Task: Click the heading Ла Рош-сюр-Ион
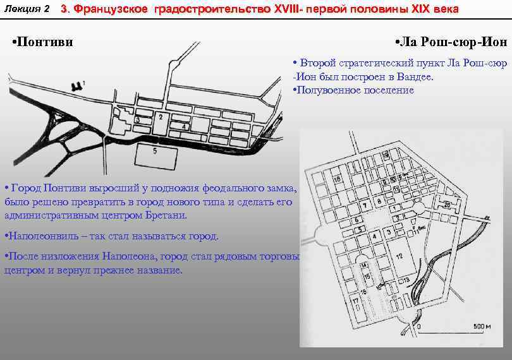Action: click(x=453, y=42)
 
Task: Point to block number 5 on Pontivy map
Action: click(x=155, y=152)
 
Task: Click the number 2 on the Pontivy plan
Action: click(x=161, y=117)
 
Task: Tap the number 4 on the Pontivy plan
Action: click(x=183, y=127)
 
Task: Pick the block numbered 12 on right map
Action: click(x=399, y=255)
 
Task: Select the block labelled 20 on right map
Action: click(x=447, y=205)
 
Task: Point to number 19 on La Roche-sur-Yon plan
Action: click(x=384, y=155)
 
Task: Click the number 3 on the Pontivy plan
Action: click(x=137, y=120)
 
